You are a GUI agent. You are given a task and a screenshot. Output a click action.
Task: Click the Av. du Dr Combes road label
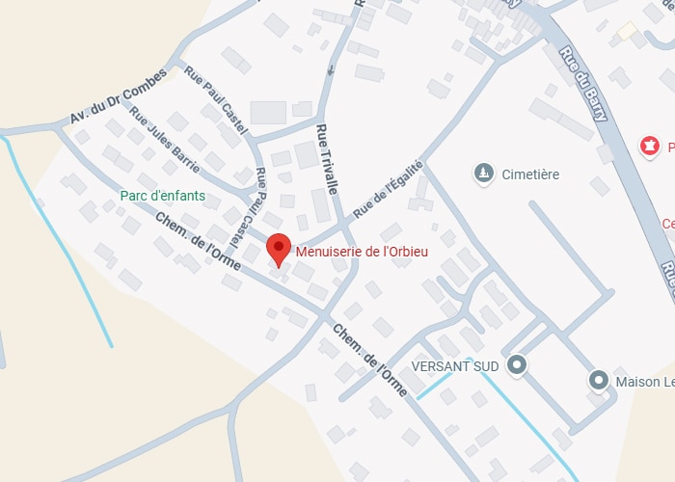118,97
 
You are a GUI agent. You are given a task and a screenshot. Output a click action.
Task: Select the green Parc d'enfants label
163,195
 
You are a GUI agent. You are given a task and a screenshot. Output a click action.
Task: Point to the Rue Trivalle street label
327,160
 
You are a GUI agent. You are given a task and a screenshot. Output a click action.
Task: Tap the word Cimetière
530,174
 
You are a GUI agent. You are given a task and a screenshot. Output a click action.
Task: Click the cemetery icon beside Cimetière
482,174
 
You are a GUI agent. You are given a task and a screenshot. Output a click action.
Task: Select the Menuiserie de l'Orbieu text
363,252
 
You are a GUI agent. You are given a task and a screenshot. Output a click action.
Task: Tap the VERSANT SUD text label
455,366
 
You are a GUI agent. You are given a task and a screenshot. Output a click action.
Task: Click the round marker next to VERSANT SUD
518,364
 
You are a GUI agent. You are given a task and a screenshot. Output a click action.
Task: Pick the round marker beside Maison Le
598,381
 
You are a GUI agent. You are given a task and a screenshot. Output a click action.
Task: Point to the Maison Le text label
641,382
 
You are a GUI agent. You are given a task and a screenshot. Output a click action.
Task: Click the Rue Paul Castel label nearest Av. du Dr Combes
216,100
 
